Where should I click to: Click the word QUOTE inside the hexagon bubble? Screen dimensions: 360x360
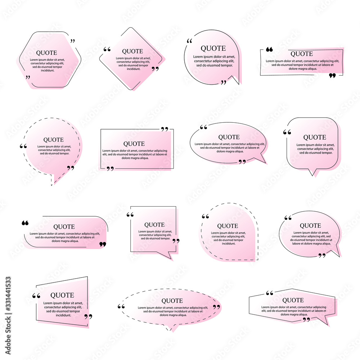coord(46,53)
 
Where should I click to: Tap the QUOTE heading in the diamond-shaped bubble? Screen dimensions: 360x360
coord(132,51)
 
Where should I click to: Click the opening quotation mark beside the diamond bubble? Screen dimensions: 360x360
coord(107,49)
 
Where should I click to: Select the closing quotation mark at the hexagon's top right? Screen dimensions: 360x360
coord(73,41)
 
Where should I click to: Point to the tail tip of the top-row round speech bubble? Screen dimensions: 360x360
coord(239,84)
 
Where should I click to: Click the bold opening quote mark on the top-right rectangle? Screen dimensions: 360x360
coord(269,49)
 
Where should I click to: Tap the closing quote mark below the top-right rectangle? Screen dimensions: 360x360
coord(332,76)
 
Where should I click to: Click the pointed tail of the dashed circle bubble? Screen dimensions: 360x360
coord(52,184)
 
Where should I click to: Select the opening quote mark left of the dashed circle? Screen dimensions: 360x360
coord(23,146)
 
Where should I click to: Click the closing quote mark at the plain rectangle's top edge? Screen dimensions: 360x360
coord(165,129)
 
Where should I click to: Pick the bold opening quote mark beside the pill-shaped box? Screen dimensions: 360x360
coord(25,223)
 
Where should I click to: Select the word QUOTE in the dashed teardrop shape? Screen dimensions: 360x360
coord(228,226)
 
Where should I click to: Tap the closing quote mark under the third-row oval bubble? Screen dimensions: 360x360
coord(322,256)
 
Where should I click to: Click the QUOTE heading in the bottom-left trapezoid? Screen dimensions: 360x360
coord(62,295)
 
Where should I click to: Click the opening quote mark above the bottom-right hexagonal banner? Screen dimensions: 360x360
coord(270,293)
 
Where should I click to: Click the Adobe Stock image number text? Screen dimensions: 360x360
coord(8,294)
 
